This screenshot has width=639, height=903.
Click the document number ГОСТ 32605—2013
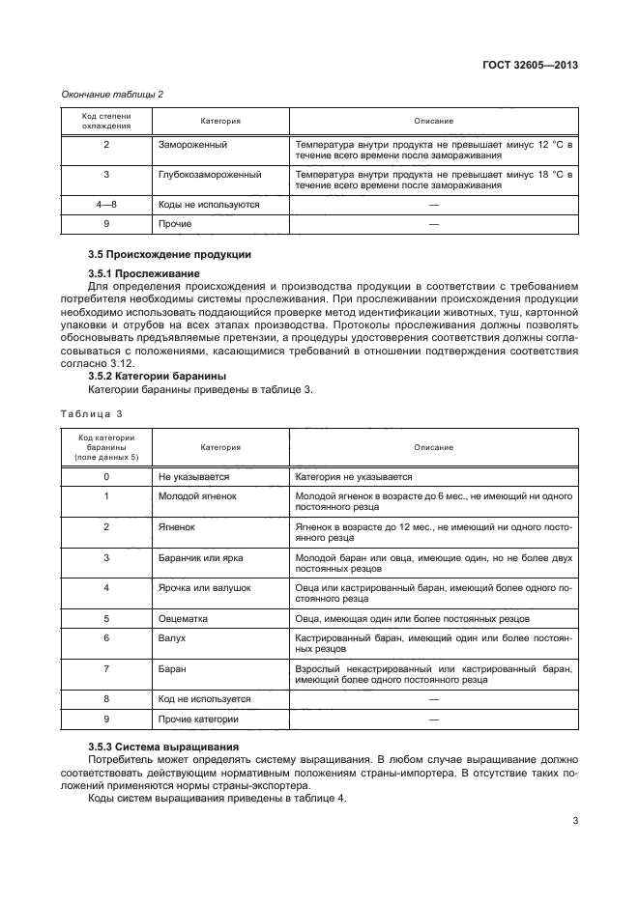(x=536, y=67)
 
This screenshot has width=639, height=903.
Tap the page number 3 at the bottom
(x=575, y=822)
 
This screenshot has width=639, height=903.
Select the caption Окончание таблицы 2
(x=112, y=94)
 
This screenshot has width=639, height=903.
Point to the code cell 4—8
(x=106, y=205)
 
